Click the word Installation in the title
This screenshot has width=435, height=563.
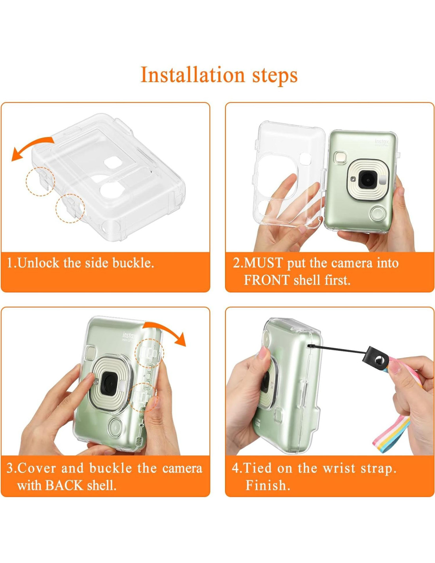pos(193,75)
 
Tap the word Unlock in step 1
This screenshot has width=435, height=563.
pos(38,263)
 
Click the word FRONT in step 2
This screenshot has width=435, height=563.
pos(267,280)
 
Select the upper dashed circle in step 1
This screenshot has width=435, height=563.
pos(40,181)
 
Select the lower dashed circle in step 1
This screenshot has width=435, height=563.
pos(70,208)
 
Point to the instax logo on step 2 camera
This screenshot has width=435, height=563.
pos(382,142)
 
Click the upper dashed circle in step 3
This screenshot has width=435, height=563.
pos(149,353)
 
